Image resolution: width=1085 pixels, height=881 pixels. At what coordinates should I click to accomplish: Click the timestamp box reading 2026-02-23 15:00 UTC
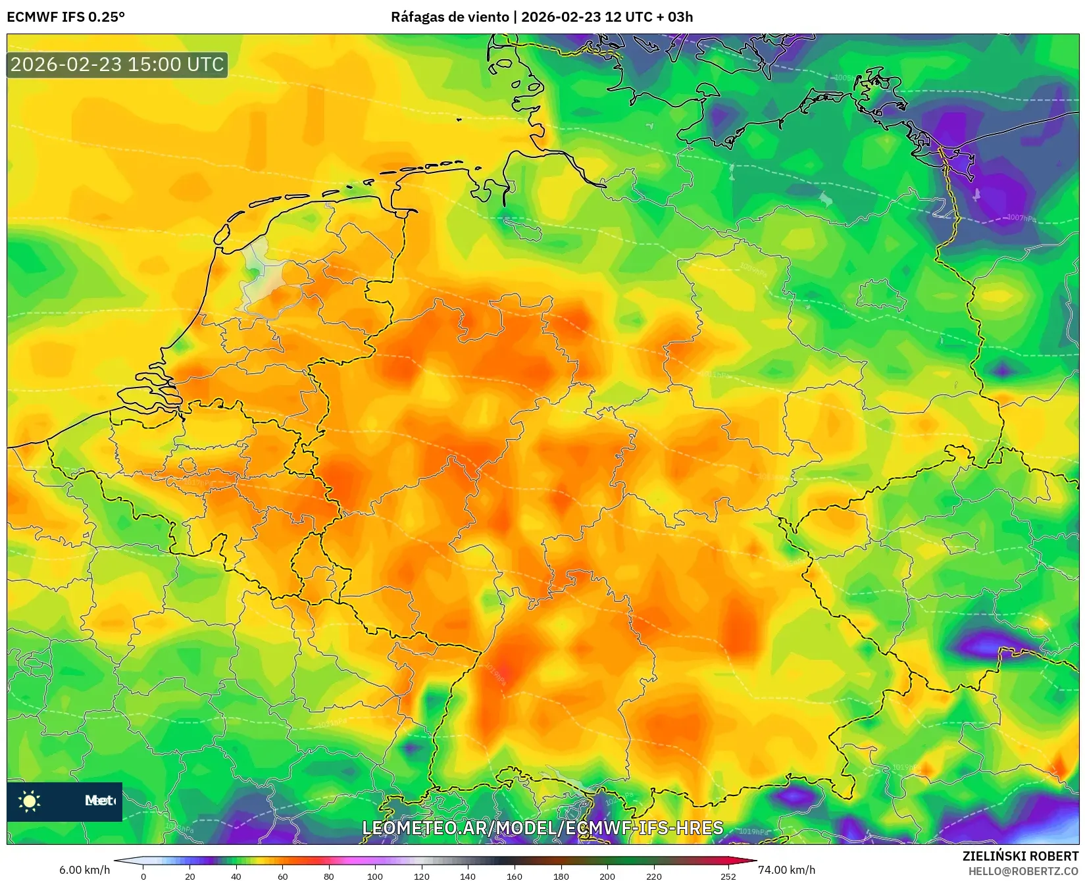click(117, 64)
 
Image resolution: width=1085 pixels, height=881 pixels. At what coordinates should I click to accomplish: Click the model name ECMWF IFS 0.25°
click(66, 17)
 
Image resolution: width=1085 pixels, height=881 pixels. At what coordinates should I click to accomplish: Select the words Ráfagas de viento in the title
click(449, 17)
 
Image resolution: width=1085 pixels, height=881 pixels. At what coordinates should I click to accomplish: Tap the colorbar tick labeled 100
click(375, 876)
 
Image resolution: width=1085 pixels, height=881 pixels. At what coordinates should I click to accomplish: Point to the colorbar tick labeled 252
click(728, 876)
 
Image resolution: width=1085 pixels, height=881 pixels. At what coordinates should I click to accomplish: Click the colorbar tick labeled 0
click(143, 876)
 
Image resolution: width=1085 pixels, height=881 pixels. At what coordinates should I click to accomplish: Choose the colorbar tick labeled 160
click(515, 876)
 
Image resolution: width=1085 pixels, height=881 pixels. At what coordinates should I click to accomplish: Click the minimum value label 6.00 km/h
click(84, 870)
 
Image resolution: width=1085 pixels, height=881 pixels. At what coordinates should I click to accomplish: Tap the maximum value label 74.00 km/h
click(786, 870)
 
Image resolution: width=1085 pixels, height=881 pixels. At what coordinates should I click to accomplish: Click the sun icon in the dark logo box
click(30, 801)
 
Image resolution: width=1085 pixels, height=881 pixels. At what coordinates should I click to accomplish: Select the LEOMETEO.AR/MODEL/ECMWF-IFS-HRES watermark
click(543, 828)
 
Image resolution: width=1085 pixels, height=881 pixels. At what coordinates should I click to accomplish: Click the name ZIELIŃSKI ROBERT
click(1021, 856)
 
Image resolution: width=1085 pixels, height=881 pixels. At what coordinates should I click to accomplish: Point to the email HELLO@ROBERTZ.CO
click(1023, 871)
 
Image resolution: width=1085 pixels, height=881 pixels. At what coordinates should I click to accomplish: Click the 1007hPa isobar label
click(1021, 218)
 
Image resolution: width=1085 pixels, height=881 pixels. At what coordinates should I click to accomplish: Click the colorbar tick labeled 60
click(282, 876)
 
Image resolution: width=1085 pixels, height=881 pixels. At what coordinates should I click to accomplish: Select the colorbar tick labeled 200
click(607, 876)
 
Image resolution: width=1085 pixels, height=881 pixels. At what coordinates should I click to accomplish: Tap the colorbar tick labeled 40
click(236, 876)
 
